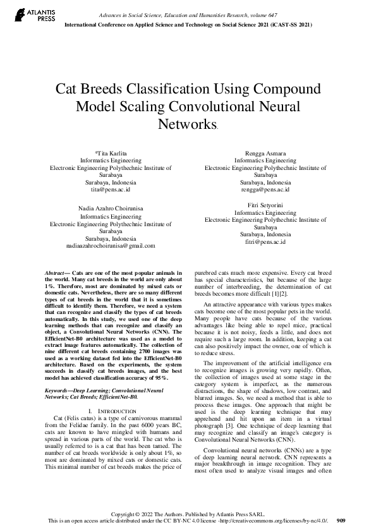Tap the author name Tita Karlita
[111, 153]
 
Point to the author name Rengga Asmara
[265, 153]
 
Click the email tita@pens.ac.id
[111, 189]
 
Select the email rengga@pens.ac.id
[265, 189]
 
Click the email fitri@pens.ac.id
[265, 241]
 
